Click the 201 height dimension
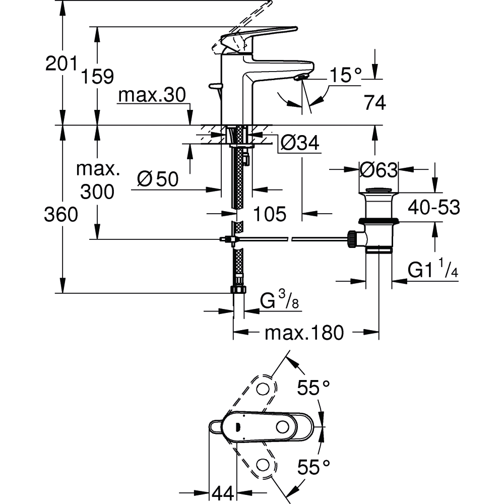[61, 64]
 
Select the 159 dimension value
[97, 77]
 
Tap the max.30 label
[152, 95]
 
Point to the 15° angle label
[346, 75]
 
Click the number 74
[375, 103]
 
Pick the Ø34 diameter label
[299, 143]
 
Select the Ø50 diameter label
[158, 179]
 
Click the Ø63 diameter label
[379, 169]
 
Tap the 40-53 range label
[434, 207]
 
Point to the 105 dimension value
[270, 214]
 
